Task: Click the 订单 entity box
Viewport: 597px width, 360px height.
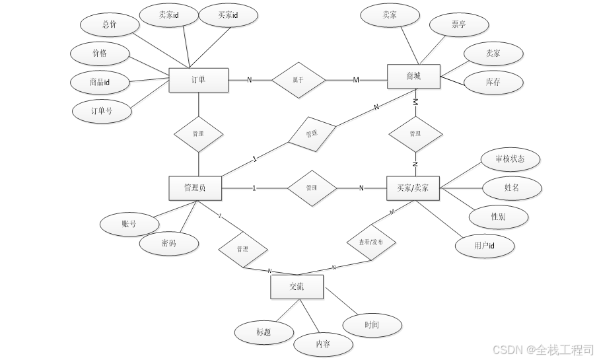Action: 199,80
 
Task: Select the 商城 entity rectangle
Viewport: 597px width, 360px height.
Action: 413,77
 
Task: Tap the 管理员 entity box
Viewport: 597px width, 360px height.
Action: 195,188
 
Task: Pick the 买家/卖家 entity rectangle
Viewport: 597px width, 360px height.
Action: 413,188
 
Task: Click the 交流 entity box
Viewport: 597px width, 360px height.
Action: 297,287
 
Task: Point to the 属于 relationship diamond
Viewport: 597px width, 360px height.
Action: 298,80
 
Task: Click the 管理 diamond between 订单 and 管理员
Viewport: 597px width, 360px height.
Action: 199,134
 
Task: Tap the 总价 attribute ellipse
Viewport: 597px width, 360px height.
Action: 110,25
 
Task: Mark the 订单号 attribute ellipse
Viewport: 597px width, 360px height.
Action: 102,110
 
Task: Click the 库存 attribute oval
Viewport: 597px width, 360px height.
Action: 493,82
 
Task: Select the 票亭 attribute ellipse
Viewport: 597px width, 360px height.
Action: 458,25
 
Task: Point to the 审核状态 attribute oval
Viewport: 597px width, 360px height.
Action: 510,159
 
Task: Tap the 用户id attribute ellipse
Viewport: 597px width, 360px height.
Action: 484,246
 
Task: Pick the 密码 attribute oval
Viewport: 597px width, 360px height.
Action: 169,243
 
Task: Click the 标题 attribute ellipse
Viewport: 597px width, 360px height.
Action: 263,332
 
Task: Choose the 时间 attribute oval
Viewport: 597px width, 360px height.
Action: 372,325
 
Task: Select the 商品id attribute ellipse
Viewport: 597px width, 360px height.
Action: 100,82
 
